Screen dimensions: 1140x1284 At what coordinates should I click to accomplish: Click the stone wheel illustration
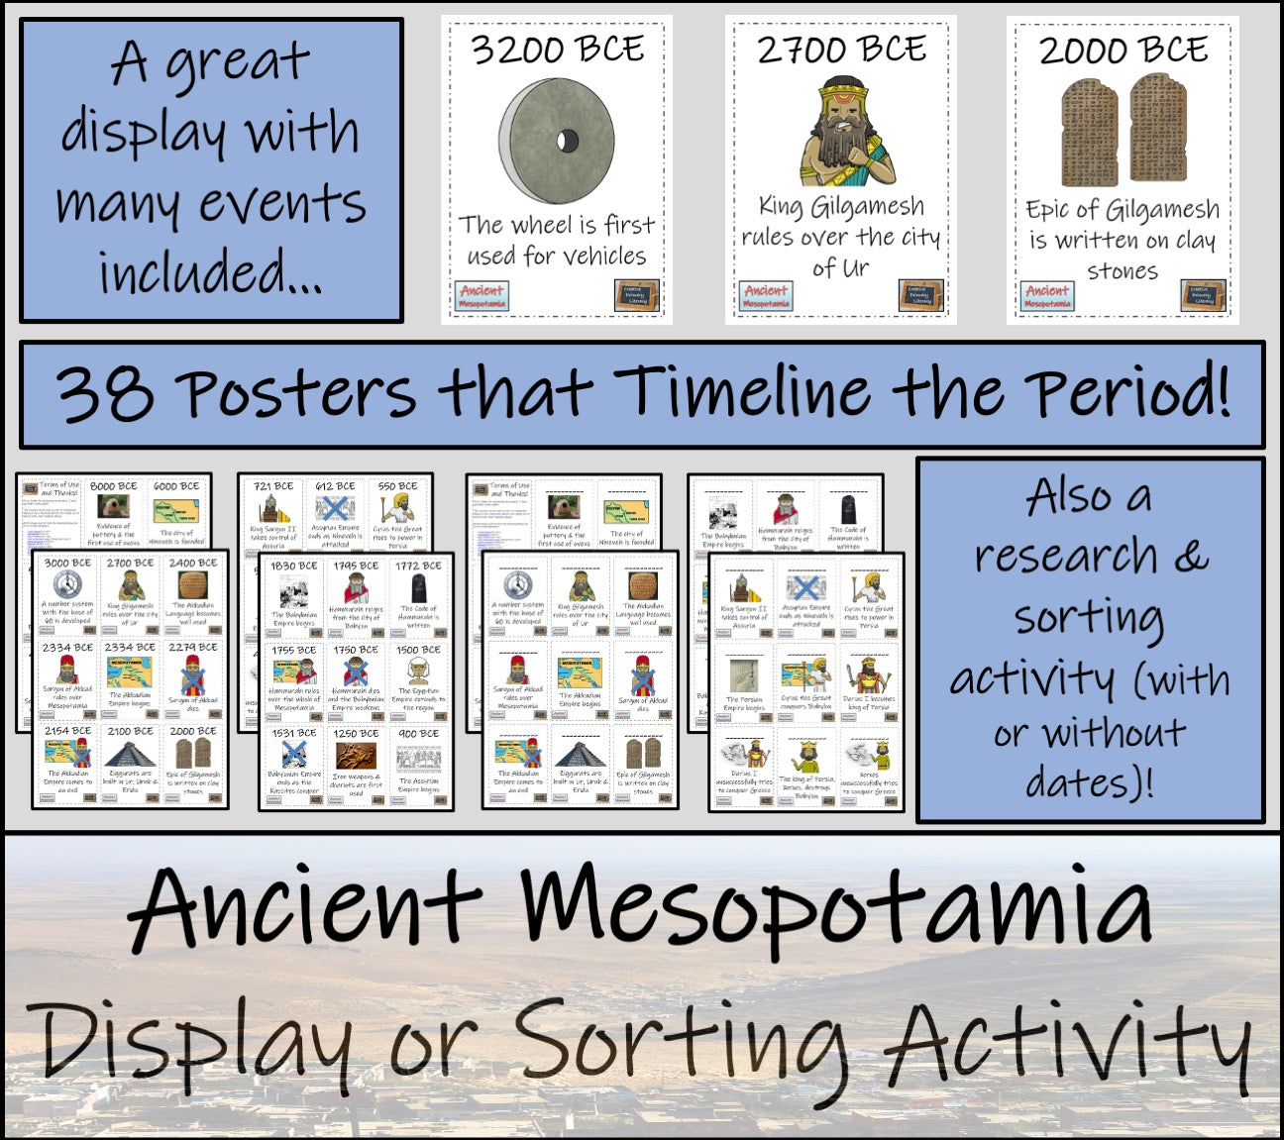[x=556, y=141]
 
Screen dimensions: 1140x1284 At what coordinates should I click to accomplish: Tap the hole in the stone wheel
[x=568, y=139]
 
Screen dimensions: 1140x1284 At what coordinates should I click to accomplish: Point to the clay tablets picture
[x=1123, y=133]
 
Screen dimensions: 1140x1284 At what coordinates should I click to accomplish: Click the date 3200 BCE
[x=557, y=50]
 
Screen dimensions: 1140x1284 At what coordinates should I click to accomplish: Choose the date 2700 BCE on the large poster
[x=841, y=50]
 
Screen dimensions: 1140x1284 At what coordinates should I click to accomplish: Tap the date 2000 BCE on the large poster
[x=1123, y=50]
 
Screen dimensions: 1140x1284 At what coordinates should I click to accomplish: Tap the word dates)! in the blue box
[x=1090, y=782]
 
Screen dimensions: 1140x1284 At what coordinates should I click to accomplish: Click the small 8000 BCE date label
[x=114, y=486]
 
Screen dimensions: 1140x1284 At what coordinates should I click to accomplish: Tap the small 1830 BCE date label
[x=294, y=566]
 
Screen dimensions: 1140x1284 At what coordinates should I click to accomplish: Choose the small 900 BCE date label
[x=418, y=734]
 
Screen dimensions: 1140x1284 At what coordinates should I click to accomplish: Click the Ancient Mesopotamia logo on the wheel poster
[x=482, y=295]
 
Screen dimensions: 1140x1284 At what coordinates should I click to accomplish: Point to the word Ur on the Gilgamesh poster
[x=854, y=268]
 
